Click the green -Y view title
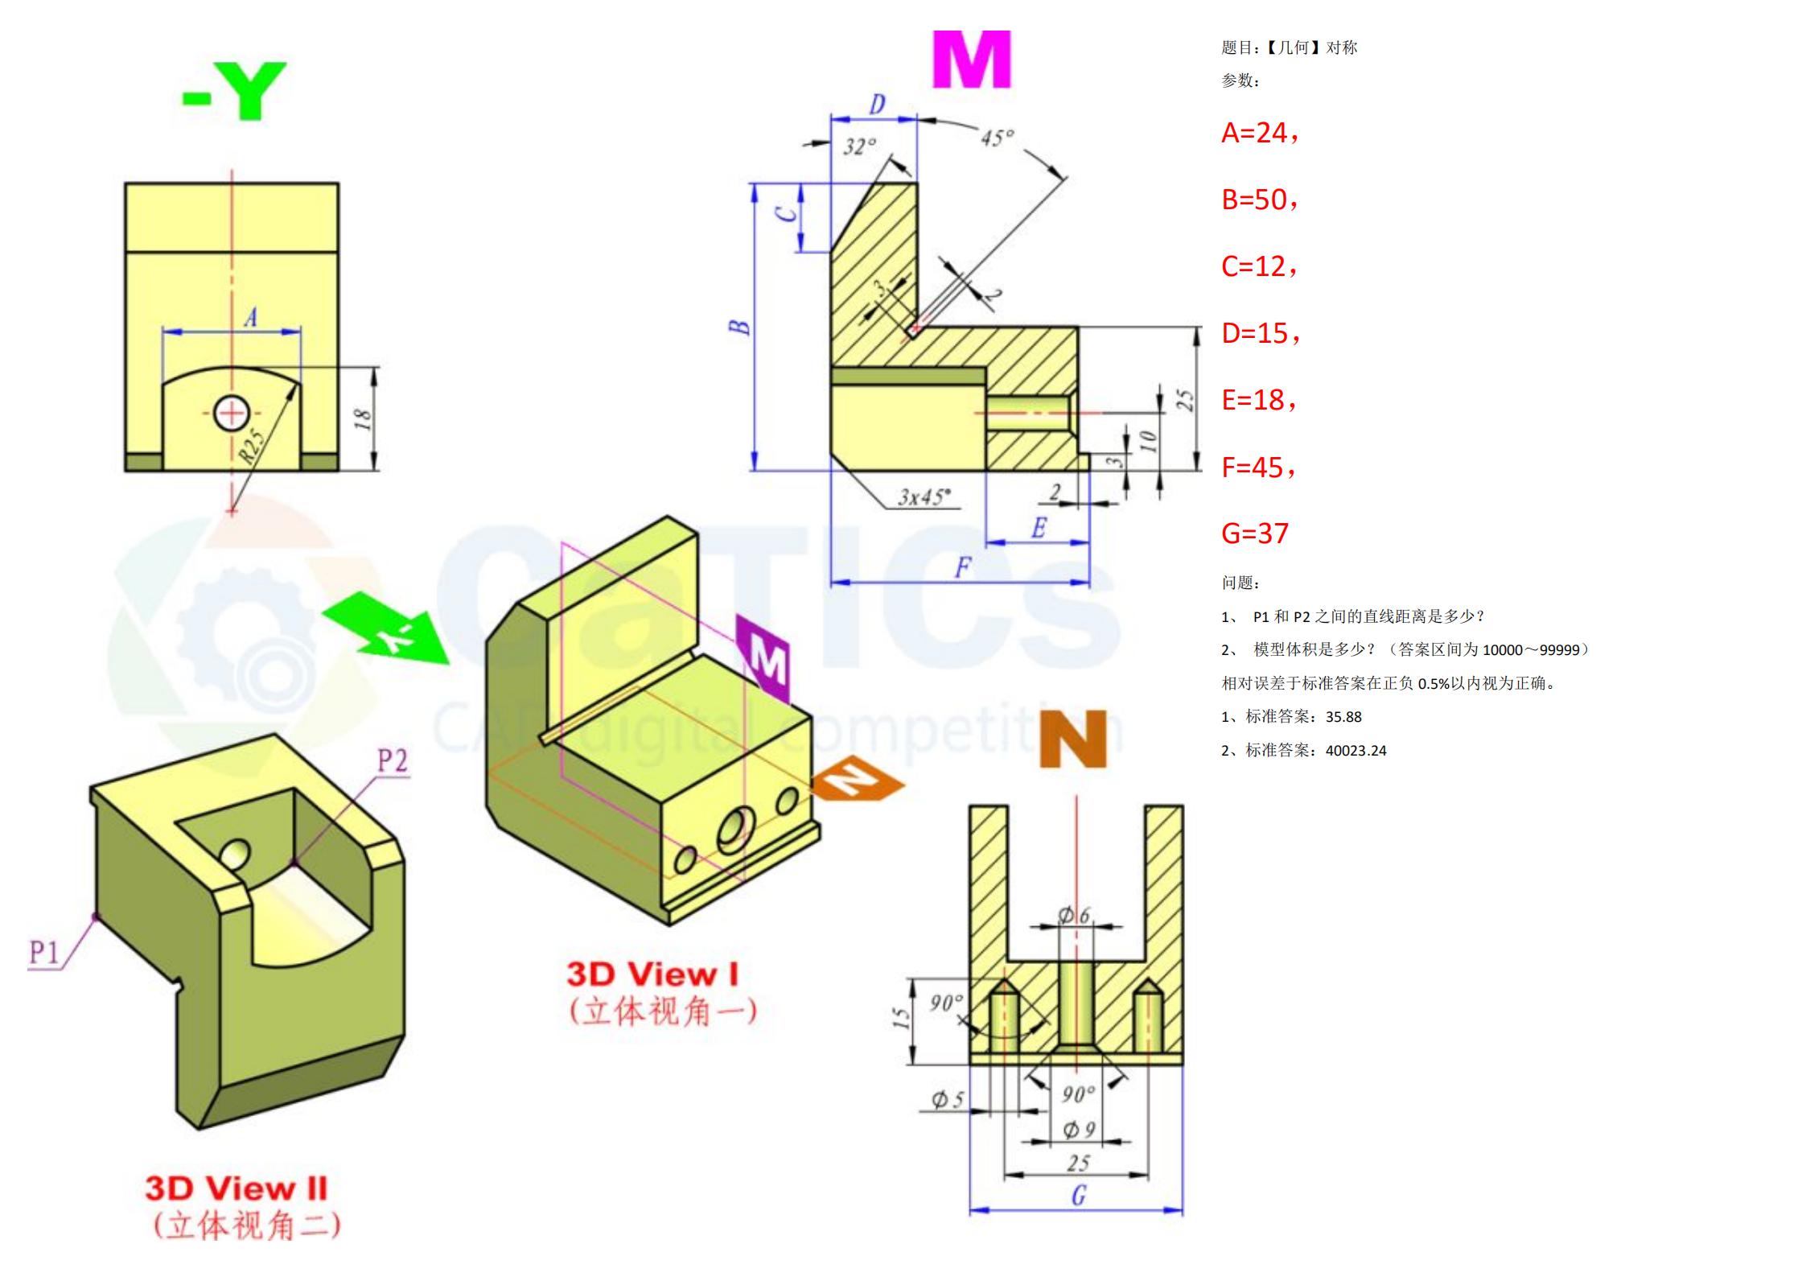tap(234, 91)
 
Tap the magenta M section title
tap(971, 60)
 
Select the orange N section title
tap(1073, 739)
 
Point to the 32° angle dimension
tap(859, 146)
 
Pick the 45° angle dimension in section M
tap(998, 138)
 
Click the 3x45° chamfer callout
tap(924, 496)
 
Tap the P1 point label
tap(44, 953)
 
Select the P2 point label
tap(393, 760)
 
